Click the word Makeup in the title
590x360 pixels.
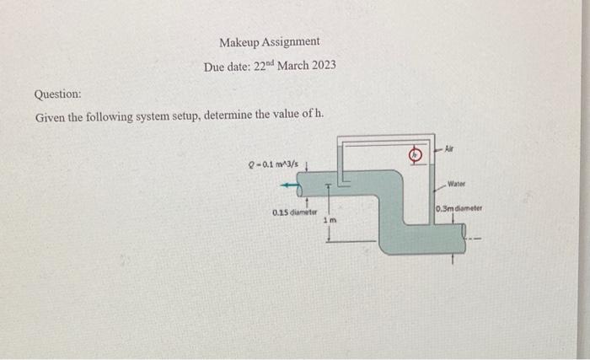click(x=239, y=41)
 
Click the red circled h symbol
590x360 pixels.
click(x=415, y=154)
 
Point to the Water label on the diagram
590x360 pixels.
click(x=456, y=182)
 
